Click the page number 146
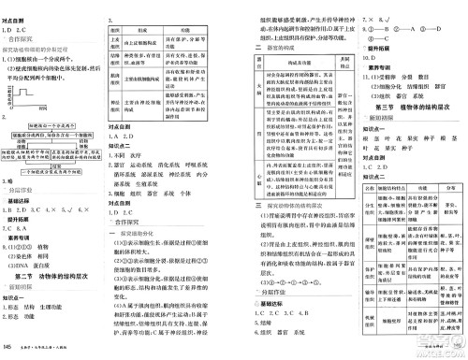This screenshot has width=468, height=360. tap(7, 348)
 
